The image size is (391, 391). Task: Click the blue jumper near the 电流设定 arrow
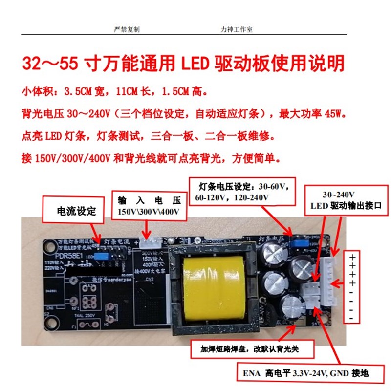pyautogui.click(x=101, y=255)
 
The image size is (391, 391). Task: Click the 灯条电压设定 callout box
pyautogui.click(x=243, y=192)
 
